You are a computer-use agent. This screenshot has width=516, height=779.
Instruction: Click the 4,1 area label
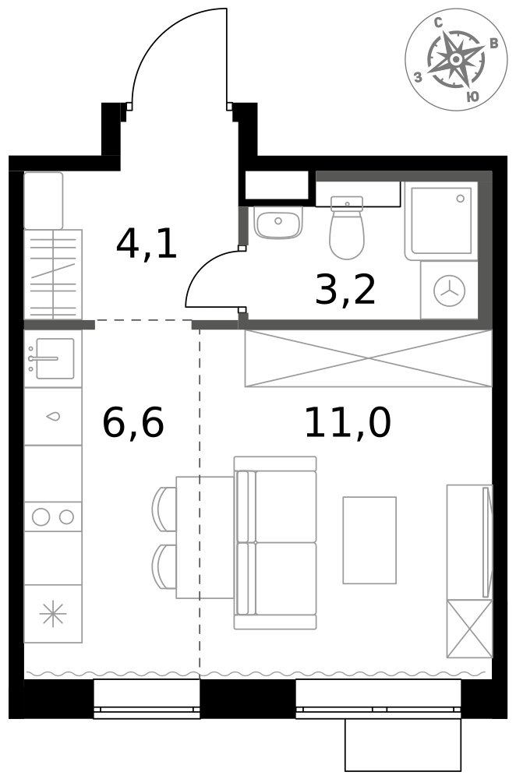(147, 244)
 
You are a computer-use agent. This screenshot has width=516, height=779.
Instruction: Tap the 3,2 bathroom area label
(345, 290)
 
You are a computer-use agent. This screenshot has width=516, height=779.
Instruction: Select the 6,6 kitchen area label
(133, 422)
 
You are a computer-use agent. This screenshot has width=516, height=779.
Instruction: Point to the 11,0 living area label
(348, 422)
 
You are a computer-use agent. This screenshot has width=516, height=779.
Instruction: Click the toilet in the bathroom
(347, 227)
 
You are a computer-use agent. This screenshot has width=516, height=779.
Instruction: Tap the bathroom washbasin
(278, 221)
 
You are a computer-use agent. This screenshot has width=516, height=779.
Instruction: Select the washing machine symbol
(450, 290)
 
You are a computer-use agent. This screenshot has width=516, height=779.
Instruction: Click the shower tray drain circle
(461, 198)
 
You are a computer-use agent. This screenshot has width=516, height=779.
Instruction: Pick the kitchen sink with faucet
(53, 358)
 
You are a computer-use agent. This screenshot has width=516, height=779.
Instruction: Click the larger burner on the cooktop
(41, 517)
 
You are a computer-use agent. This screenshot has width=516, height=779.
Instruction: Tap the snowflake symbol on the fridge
(53, 614)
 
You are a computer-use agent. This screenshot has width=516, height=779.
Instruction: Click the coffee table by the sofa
(369, 540)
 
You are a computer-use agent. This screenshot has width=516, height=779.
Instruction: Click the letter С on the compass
(439, 23)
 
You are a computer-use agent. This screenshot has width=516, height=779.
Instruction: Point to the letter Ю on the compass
(473, 97)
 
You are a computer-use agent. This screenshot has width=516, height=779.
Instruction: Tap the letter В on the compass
(493, 44)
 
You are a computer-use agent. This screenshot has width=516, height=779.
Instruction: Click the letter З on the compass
(418, 77)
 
